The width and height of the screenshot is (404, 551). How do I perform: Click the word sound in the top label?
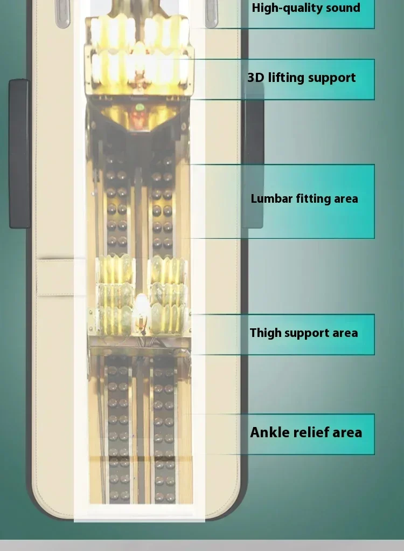tap(342, 8)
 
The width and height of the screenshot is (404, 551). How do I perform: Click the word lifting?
tap(286, 78)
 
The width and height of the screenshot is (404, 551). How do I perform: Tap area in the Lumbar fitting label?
tap(346, 198)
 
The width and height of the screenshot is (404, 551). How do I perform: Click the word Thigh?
tap(266, 333)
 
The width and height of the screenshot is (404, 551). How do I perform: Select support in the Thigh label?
tap(307, 333)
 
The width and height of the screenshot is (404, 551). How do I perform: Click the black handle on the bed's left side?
tap(19, 154)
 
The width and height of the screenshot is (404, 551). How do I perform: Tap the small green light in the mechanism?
tap(140, 107)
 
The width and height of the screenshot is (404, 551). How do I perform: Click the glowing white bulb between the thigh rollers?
tap(141, 307)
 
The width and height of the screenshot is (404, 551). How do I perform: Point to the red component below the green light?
tap(140, 120)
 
